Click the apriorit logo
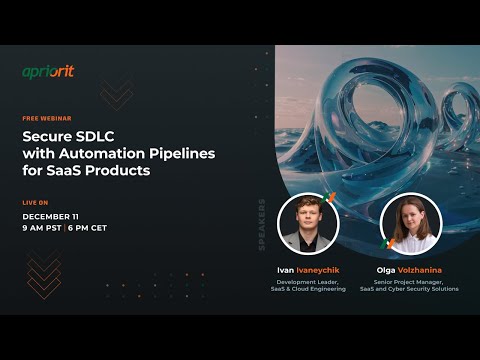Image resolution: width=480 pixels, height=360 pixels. (49, 72)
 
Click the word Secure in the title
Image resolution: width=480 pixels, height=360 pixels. (49, 136)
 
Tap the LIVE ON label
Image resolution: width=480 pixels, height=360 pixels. (36, 202)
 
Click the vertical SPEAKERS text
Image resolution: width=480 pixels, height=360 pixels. (262, 224)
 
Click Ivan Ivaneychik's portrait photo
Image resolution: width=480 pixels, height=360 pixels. (308, 224)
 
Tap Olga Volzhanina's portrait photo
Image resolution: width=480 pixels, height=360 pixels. (409, 224)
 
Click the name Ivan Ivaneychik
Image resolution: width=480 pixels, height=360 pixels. (308, 270)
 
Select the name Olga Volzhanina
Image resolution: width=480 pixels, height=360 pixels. (409, 270)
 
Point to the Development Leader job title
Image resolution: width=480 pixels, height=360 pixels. (308, 281)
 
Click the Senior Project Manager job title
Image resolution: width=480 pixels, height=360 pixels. (409, 281)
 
